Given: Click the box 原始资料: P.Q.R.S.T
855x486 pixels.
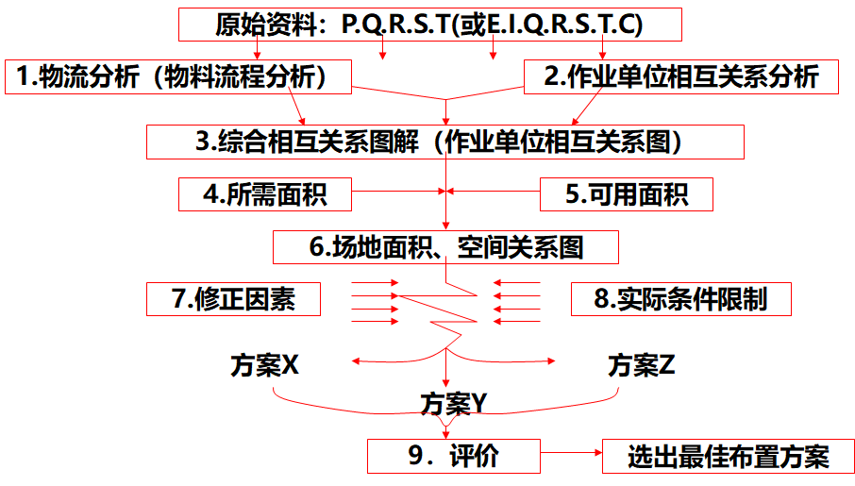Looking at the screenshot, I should pos(429,25).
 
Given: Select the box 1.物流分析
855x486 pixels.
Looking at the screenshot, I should pos(179,77).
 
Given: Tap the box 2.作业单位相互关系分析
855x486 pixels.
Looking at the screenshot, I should pos(681,77).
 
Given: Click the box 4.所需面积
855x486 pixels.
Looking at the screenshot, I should pos(264,194).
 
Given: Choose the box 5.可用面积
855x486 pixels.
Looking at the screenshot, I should pos(626,194).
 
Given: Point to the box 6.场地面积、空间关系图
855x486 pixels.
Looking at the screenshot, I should pos(445,247).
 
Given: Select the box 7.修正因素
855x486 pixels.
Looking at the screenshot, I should pos(233,299).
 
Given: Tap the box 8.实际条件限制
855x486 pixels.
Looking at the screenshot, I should pos(680,299).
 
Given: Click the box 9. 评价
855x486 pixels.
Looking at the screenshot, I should pos(453,456).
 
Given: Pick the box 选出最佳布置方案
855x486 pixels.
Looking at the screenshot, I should pos(728,457).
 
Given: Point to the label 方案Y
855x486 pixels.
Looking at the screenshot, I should pos(453,404).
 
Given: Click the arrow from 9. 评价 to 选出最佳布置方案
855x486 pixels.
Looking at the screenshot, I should pos(571,456).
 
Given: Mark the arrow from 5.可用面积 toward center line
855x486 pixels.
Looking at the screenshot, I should pos(495,194).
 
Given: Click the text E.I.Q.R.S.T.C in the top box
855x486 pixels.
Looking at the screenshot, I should pos(563,25).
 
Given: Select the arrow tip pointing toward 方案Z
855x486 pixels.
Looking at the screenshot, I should pos(552,360).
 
